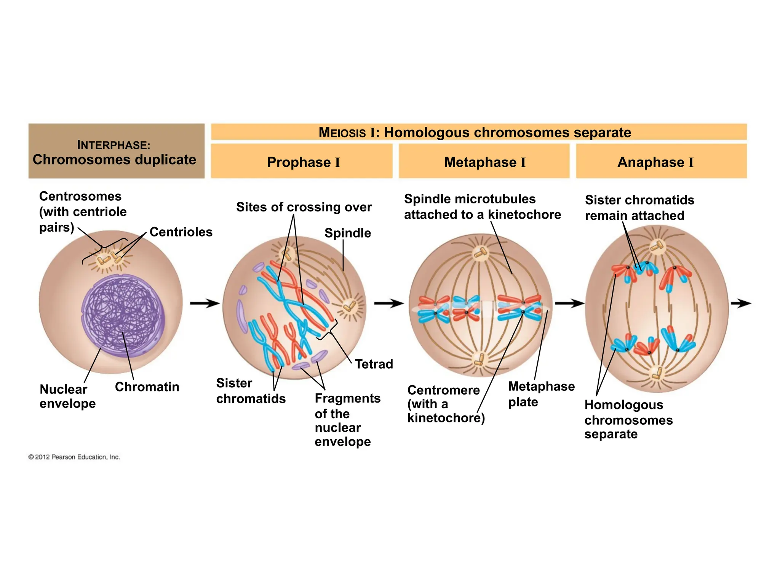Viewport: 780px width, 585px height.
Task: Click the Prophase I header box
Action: coord(302,161)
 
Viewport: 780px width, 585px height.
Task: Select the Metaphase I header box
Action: coord(484,161)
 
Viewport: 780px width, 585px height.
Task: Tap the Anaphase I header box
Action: coord(661,161)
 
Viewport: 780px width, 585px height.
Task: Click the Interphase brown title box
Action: coord(116,151)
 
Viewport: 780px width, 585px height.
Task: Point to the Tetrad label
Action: coord(374,364)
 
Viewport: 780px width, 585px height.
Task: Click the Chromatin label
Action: coord(147,387)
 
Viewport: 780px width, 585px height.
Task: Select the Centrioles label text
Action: coord(181,232)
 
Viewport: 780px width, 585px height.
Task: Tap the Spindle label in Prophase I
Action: coord(347,233)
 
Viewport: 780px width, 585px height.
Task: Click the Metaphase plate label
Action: coord(541,394)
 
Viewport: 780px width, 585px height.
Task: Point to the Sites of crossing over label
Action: coord(304,207)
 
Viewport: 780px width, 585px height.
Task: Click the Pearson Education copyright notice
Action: coord(74,457)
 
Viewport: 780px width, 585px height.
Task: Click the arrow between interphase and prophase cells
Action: coord(205,304)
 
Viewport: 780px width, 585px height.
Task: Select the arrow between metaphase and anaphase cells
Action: coord(569,304)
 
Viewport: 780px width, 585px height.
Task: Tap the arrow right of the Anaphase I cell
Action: coord(741,304)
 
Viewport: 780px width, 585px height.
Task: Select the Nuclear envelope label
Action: coord(67,396)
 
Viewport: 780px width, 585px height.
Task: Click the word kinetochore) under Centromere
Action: coord(446,418)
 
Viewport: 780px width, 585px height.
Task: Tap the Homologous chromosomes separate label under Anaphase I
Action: coord(628,419)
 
